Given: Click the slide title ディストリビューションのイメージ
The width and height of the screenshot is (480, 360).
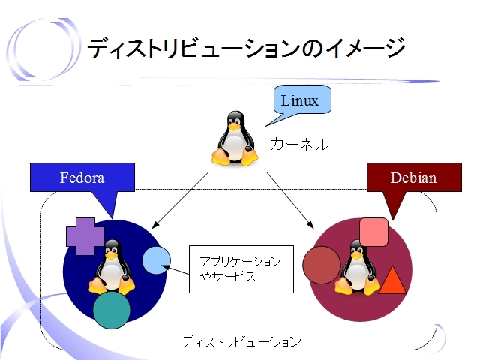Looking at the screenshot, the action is [x=246, y=48].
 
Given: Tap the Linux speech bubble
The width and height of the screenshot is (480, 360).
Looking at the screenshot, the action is [x=301, y=100].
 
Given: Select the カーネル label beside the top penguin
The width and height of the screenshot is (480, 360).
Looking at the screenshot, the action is [x=300, y=144].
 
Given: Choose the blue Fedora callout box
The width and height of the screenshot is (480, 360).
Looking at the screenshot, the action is [x=82, y=178].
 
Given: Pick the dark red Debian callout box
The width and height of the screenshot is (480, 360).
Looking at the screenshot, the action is [x=414, y=178].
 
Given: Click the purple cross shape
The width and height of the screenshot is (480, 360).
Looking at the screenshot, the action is [x=85, y=236].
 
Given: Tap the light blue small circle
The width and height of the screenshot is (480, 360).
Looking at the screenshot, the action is [x=157, y=260].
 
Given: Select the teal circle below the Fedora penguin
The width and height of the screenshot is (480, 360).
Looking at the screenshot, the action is [x=112, y=310].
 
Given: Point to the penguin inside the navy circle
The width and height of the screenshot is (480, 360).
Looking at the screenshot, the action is [x=112, y=267].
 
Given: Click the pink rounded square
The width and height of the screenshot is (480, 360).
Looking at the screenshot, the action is [x=373, y=232].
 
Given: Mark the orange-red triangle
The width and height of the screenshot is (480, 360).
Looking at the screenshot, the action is [x=392, y=280].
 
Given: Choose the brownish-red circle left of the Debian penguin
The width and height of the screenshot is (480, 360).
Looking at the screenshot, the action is [x=322, y=265].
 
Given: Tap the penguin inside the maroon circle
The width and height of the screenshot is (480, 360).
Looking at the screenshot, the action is [x=357, y=267].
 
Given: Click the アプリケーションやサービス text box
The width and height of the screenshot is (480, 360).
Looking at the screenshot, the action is [x=241, y=269].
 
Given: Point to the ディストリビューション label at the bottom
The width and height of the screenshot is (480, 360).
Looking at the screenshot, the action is [x=241, y=341].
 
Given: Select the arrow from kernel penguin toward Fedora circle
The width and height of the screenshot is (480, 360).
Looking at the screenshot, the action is [x=180, y=200].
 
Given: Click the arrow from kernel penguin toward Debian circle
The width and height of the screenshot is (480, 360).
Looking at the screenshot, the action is [x=290, y=200].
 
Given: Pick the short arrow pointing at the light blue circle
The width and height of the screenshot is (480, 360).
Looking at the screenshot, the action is [x=175, y=270].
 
